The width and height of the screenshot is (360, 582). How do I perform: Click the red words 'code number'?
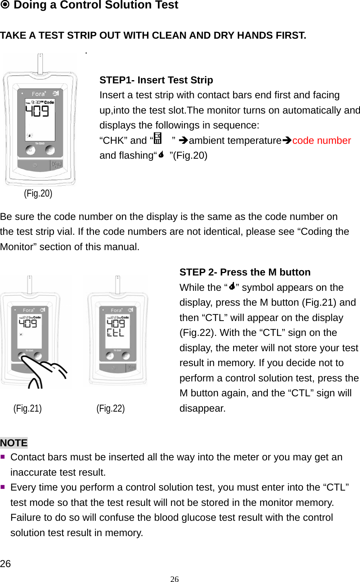(321, 141)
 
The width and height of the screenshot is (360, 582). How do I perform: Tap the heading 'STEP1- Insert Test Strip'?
(156, 80)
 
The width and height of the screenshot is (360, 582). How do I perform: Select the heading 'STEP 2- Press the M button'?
(245, 272)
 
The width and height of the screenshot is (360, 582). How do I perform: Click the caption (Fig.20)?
(38, 193)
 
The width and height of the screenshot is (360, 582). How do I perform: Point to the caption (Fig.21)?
(27, 408)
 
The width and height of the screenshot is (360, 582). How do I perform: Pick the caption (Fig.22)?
(110, 408)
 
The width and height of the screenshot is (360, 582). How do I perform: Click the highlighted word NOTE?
(14, 443)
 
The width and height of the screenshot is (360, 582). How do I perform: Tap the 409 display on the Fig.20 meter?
(37, 111)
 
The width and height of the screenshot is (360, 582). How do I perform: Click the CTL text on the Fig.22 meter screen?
(115, 333)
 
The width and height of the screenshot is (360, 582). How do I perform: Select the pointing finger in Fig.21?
(46, 373)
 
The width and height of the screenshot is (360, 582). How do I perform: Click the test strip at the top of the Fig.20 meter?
(40, 64)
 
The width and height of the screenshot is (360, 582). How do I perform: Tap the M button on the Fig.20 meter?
(31, 150)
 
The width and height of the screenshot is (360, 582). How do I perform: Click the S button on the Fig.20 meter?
(50, 150)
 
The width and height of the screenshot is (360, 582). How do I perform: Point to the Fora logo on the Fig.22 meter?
(116, 310)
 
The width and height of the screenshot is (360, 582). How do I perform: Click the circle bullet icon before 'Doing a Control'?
(5, 5)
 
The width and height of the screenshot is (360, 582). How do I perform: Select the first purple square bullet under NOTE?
(3, 457)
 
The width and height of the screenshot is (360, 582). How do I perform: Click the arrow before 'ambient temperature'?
(183, 141)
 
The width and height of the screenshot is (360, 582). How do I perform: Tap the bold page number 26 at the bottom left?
(6, 564)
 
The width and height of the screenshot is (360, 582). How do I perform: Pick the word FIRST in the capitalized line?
(291, 35)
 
